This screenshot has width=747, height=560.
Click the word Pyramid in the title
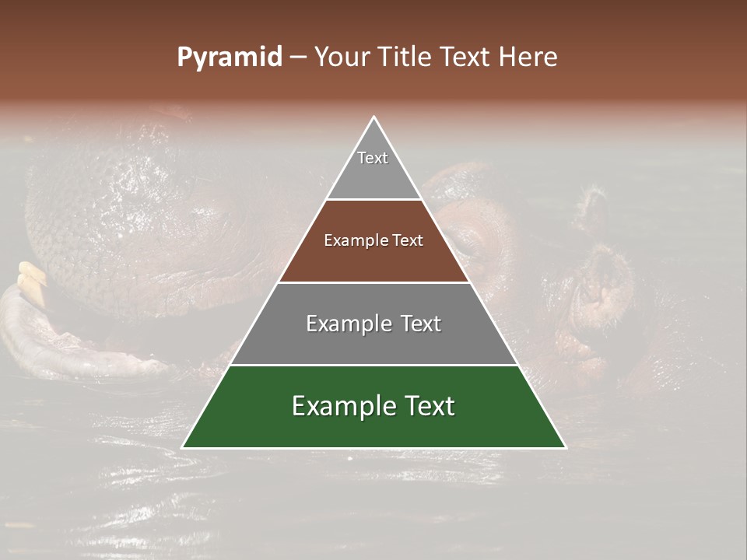click(229, 58)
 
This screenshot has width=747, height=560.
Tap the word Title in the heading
click(405, 58)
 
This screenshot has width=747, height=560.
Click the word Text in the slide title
click(465, 58)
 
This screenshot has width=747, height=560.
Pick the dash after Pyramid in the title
click(297, 58)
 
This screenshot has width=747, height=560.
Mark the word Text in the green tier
click(426, 406)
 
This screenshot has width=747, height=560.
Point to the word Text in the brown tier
click(408, 241)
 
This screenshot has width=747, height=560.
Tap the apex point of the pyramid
click(373, 117)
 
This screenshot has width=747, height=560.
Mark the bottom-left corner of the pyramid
click(183, 447)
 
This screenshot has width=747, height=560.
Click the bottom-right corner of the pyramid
click(565, 447)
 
